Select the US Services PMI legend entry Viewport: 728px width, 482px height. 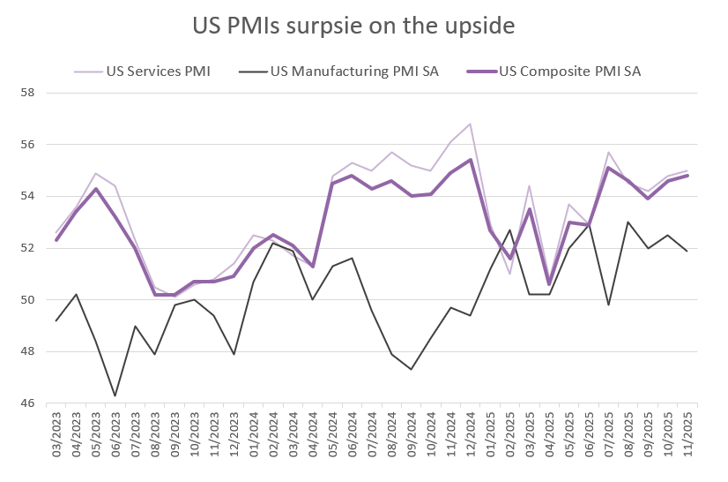tap(158, 72)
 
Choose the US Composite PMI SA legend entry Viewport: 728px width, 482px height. tap(569, 72)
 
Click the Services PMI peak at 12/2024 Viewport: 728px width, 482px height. tap(471, 124)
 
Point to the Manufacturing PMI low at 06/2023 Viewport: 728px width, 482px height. tap(115, 395)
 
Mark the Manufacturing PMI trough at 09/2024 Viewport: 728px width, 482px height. tap(411, 369)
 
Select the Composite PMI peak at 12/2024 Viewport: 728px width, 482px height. tap(471, 160)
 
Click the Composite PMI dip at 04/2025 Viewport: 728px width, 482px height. tap(549, 284)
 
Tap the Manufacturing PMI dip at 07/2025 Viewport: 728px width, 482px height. tap(608, 305)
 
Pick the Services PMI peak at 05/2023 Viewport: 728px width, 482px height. tap(95, 173)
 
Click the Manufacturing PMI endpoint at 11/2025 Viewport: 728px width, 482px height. tap(687, 252)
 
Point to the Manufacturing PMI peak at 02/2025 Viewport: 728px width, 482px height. tap(509, 230)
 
